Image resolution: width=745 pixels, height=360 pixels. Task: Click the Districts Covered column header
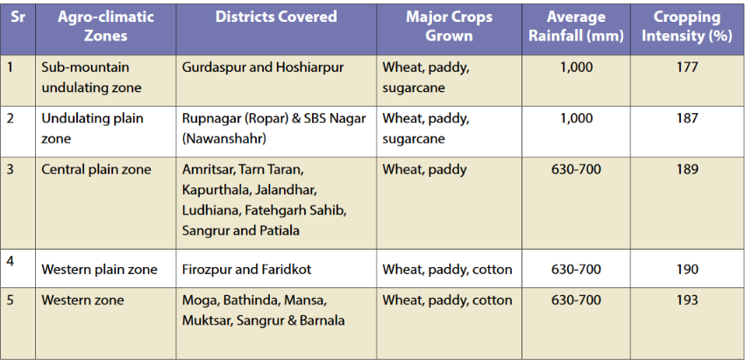click(276, 18)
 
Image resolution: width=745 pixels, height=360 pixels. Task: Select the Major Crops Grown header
click(449, 26)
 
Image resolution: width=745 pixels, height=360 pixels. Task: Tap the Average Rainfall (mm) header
click(576, 26)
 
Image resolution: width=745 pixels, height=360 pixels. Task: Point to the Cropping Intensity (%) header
click(687, 26)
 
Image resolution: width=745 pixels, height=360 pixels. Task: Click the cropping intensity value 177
click(687, 67)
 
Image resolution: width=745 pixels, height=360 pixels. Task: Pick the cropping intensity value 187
click(687, 117)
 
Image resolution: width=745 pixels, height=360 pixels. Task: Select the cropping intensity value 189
click(687, 169)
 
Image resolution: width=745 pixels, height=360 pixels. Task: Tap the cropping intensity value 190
click(687, 270)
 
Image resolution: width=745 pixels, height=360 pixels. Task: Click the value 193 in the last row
click(687, 300)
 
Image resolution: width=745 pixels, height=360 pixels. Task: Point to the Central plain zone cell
click(96, 170)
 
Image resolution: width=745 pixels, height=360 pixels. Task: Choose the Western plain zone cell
click(99, 270)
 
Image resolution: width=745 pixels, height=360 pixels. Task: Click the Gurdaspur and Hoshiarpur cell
click(263, 68)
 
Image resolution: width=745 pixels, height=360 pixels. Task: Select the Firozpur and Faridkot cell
click(246, 270)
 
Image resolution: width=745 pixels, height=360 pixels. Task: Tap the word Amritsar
click(208, 170)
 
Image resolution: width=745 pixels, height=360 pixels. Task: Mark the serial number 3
click(11, 169)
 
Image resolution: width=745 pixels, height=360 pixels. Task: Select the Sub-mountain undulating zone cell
click(91, 77)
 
